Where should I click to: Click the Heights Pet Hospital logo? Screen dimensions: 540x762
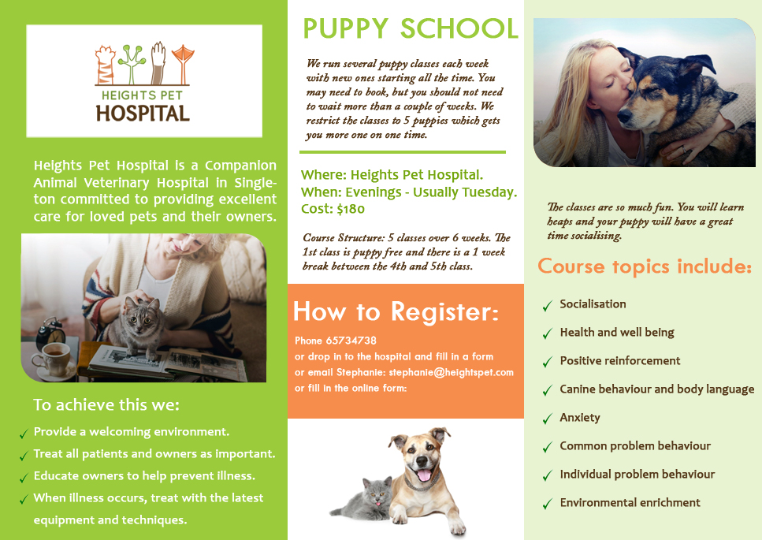coord(143,81)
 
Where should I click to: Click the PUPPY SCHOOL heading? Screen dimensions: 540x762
coord(411,28)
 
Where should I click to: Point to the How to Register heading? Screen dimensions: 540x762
coord(396,311)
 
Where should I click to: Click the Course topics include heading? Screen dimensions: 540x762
coord(644,266)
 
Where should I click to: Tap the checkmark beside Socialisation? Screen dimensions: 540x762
coord(547,305)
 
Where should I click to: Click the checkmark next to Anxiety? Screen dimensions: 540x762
coord(547,419)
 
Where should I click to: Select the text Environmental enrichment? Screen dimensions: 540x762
coord(630,503)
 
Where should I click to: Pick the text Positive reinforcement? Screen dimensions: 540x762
coord(619,361)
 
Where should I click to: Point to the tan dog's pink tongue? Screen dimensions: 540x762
coord(425,475)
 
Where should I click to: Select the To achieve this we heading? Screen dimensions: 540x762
coord(106,405)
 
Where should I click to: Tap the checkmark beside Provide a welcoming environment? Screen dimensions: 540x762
coord(24,434)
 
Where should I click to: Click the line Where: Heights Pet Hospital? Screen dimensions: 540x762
coord(392,174)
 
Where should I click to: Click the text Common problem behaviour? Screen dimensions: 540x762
coord(635,446)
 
